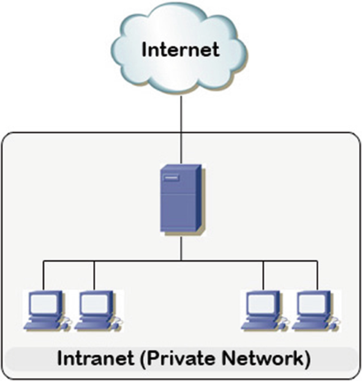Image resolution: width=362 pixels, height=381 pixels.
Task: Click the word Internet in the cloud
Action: pos(181,50)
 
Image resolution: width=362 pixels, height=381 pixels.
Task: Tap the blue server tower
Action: pos(181,197)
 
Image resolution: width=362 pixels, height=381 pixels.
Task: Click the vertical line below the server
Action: pos(181,246)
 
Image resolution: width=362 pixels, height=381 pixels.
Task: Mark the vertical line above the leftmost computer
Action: pos(43,275)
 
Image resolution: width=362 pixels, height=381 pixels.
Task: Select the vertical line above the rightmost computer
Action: pos(318,275)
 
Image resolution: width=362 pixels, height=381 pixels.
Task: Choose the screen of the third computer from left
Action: pos(262,303)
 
